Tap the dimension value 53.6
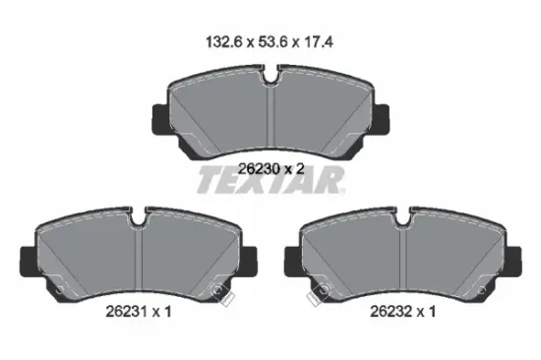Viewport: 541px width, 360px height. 272,42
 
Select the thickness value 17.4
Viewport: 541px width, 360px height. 317,42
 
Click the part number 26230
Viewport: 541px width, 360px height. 259,169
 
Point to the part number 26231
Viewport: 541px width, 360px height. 126,312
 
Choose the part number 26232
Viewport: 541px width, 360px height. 391,312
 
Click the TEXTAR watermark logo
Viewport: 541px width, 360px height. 270,179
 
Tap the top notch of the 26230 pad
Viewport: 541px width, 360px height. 271,75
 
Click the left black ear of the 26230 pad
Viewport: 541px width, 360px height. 160,119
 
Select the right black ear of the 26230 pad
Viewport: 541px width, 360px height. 381,119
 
